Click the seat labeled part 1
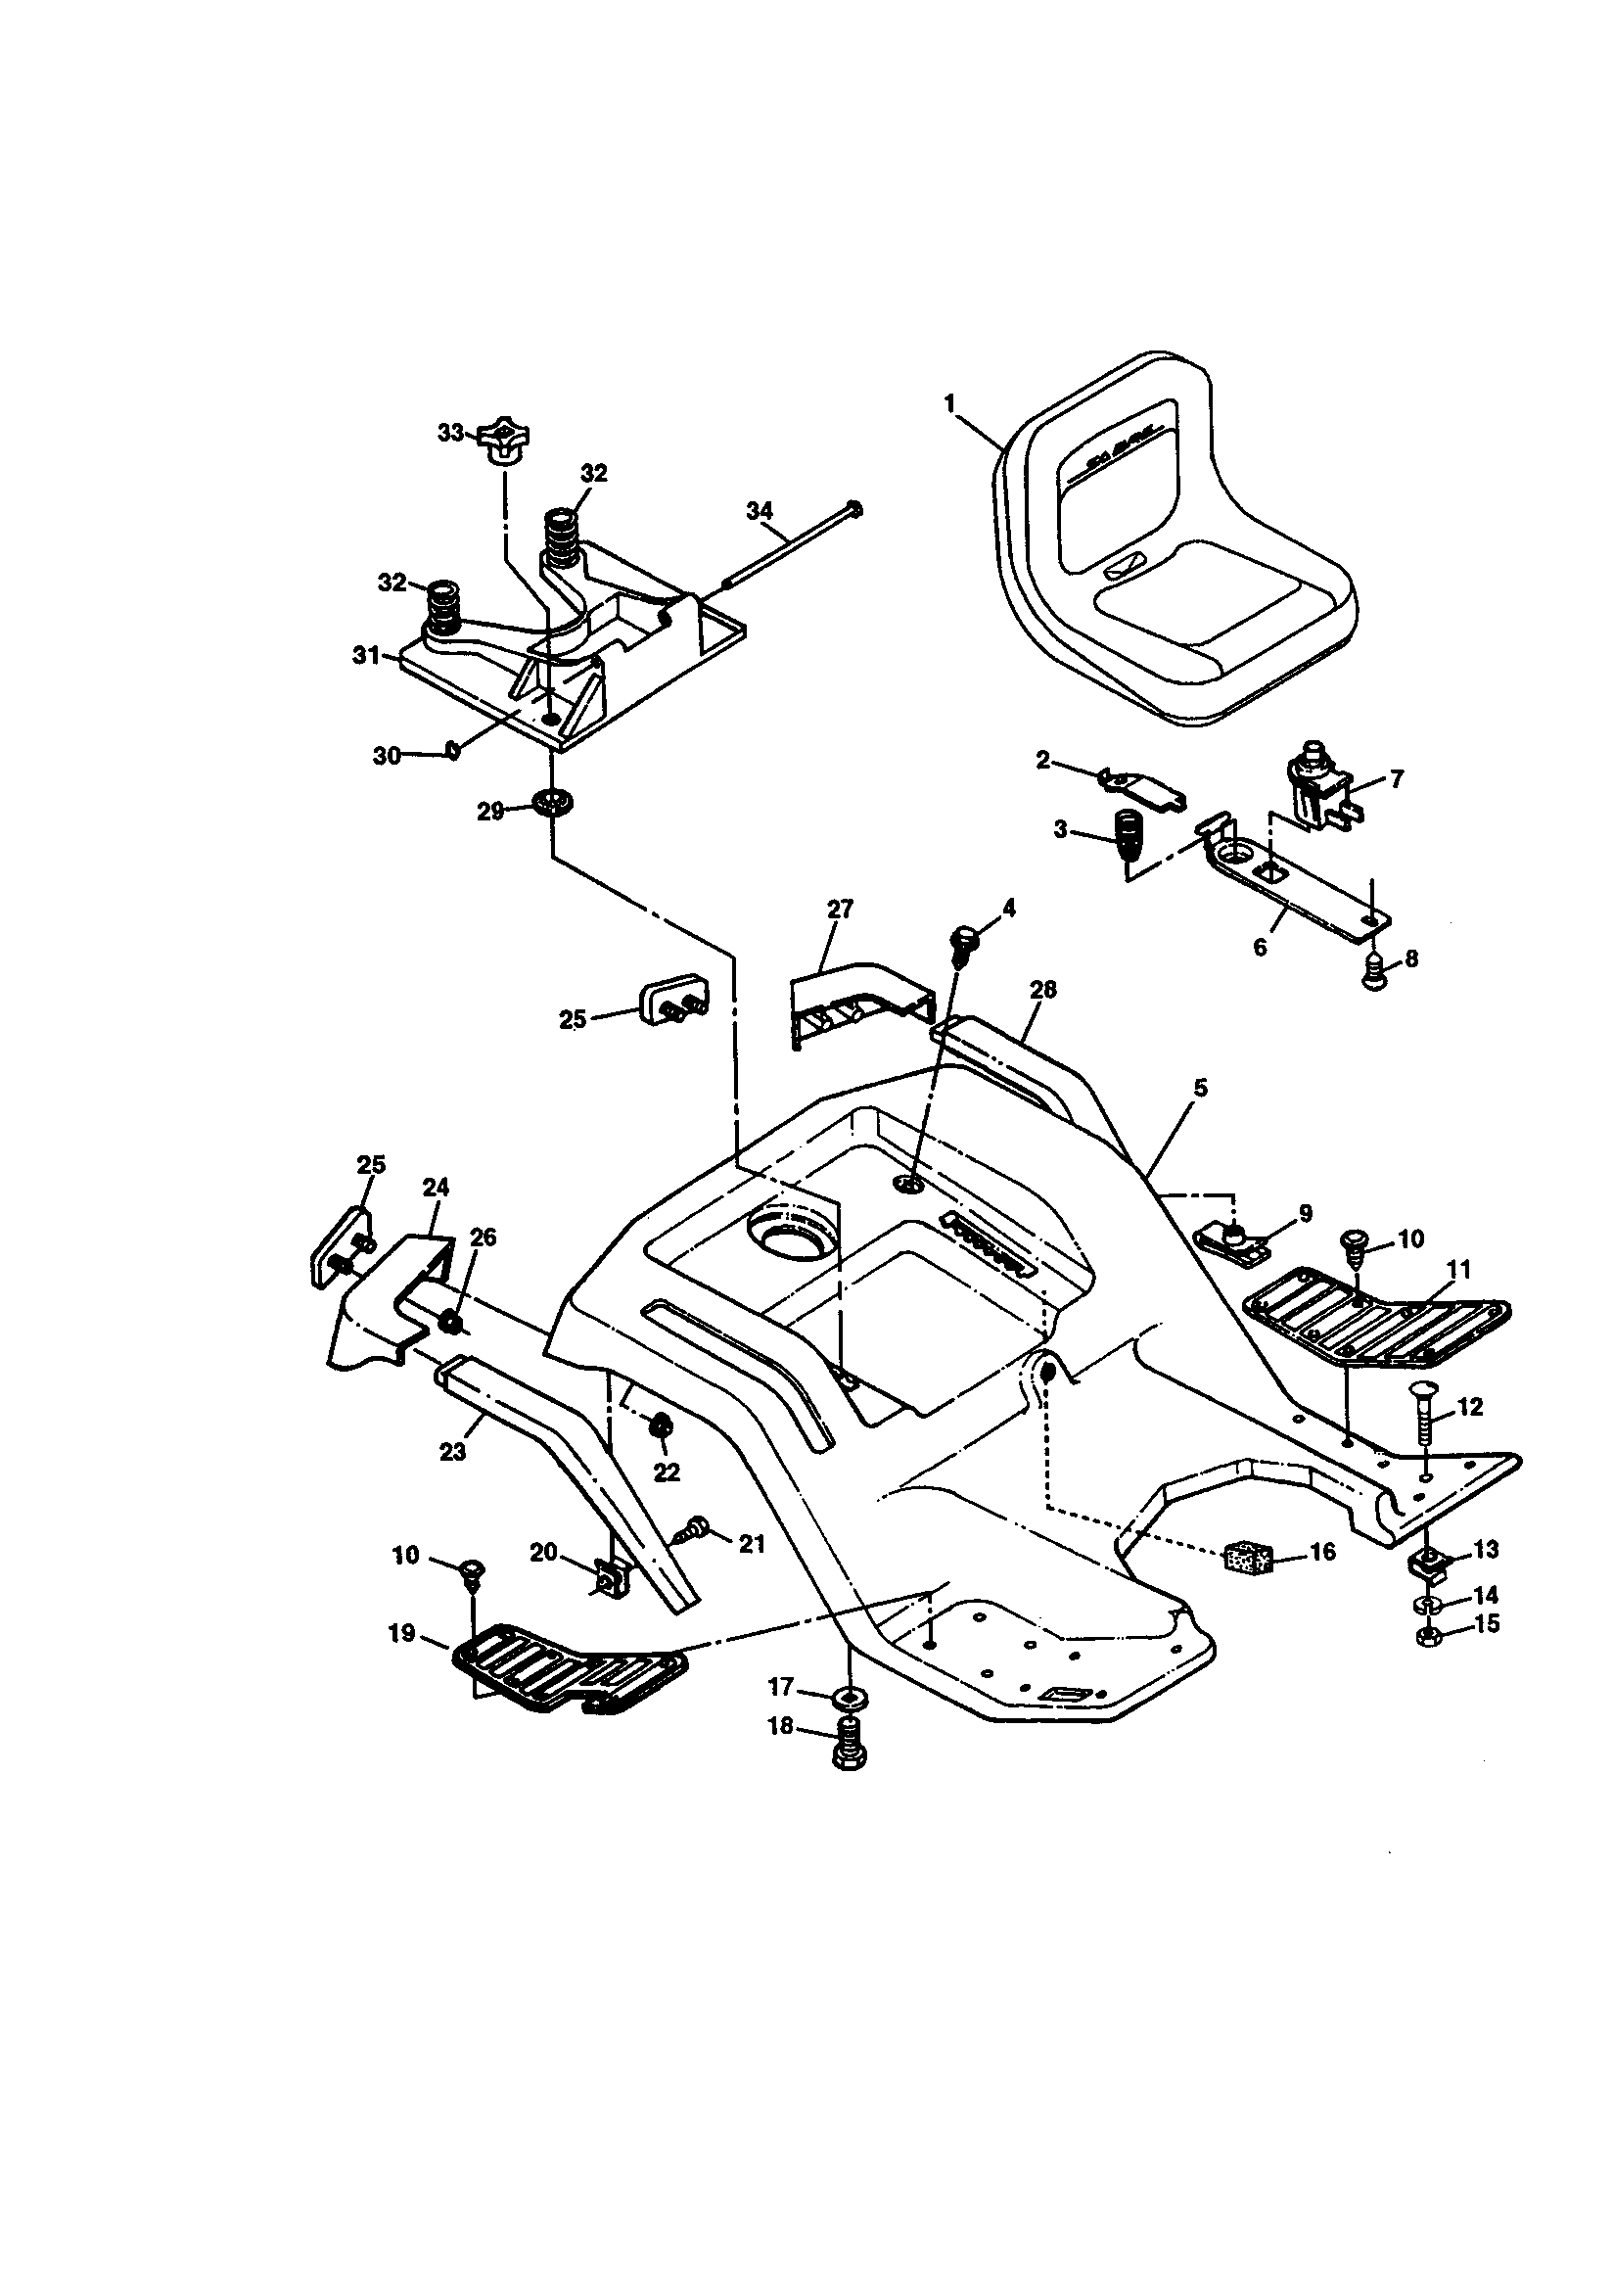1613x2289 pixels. coord(1176,543)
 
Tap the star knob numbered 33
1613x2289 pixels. coord(504,440)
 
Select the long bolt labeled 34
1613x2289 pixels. coord(788,543)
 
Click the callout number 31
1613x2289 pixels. coord(366,656)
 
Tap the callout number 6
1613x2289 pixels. coord(1260,947)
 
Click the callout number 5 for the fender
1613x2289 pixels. coord(1201,1088)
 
